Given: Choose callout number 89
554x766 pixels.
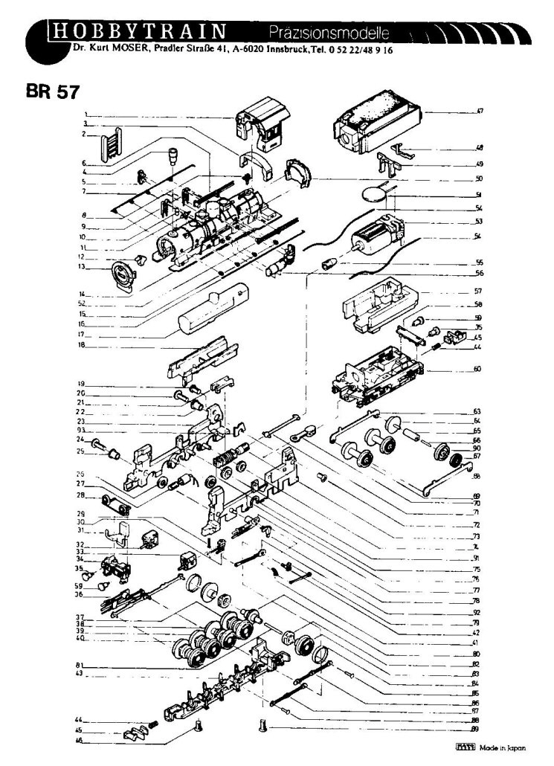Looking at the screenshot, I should click(x=474, y=730).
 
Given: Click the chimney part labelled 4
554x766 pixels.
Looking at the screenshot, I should click(x=172, y=157).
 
